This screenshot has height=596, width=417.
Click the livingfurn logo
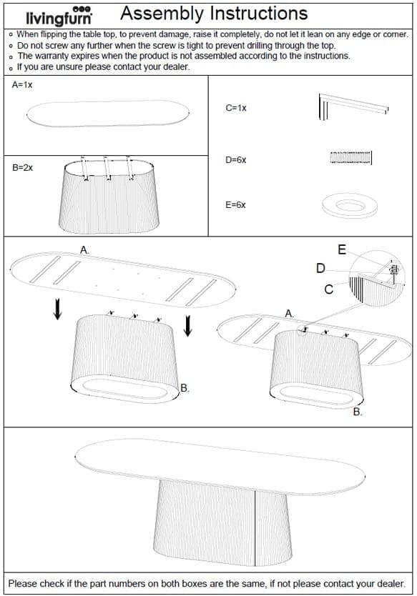pyautogui.click(x=59, y=16)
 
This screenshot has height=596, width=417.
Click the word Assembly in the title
pyautogui.click(x=162, y=14)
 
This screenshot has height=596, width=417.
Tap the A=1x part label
pyautogui.click(x=22, y=85)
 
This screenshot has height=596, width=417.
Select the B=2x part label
pyautogui.click(x=22, y=168)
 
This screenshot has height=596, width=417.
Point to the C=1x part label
pyautogui.click(x=236, y=108)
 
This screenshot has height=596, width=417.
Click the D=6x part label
pyautogui.click(x=236, y=160)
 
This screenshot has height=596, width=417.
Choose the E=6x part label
pyautogui.click(x=235, y=205)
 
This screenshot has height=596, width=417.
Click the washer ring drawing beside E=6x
pyautogui.click(x=350, y=206)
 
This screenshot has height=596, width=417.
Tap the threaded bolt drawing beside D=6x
pyautogui.click(x=350, y=158)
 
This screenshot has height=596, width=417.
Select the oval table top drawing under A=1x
pyautogui.click(x=108, y=114)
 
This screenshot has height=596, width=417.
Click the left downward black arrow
pyautogui.click(x=57, y=309)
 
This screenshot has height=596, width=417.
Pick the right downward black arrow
pyautogui.click(x=187, y=326)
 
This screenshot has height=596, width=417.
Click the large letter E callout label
pyautogui.click(x=342, y=249)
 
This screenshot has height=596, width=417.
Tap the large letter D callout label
pyautogui.click(x=320, y=269)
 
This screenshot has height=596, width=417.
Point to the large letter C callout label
pyautogui.click(x=329, y=289)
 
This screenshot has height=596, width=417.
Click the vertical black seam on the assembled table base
pyautogui.click(x=255, y=527)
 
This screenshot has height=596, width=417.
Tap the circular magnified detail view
pyautogui.click(x=377, y=278)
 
